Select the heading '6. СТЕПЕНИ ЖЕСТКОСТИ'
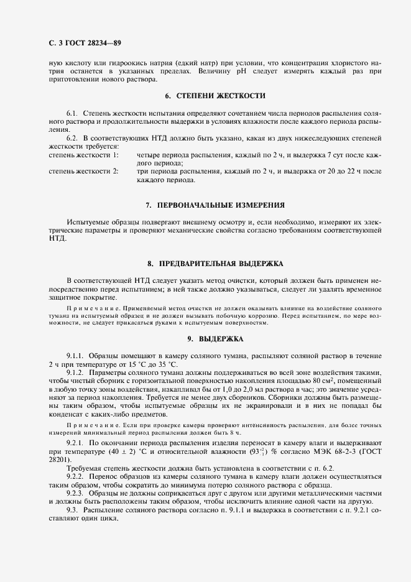(215, 96)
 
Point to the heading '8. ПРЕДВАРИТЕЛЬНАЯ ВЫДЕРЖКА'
(215, 264)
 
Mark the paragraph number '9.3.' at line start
(73, 509)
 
